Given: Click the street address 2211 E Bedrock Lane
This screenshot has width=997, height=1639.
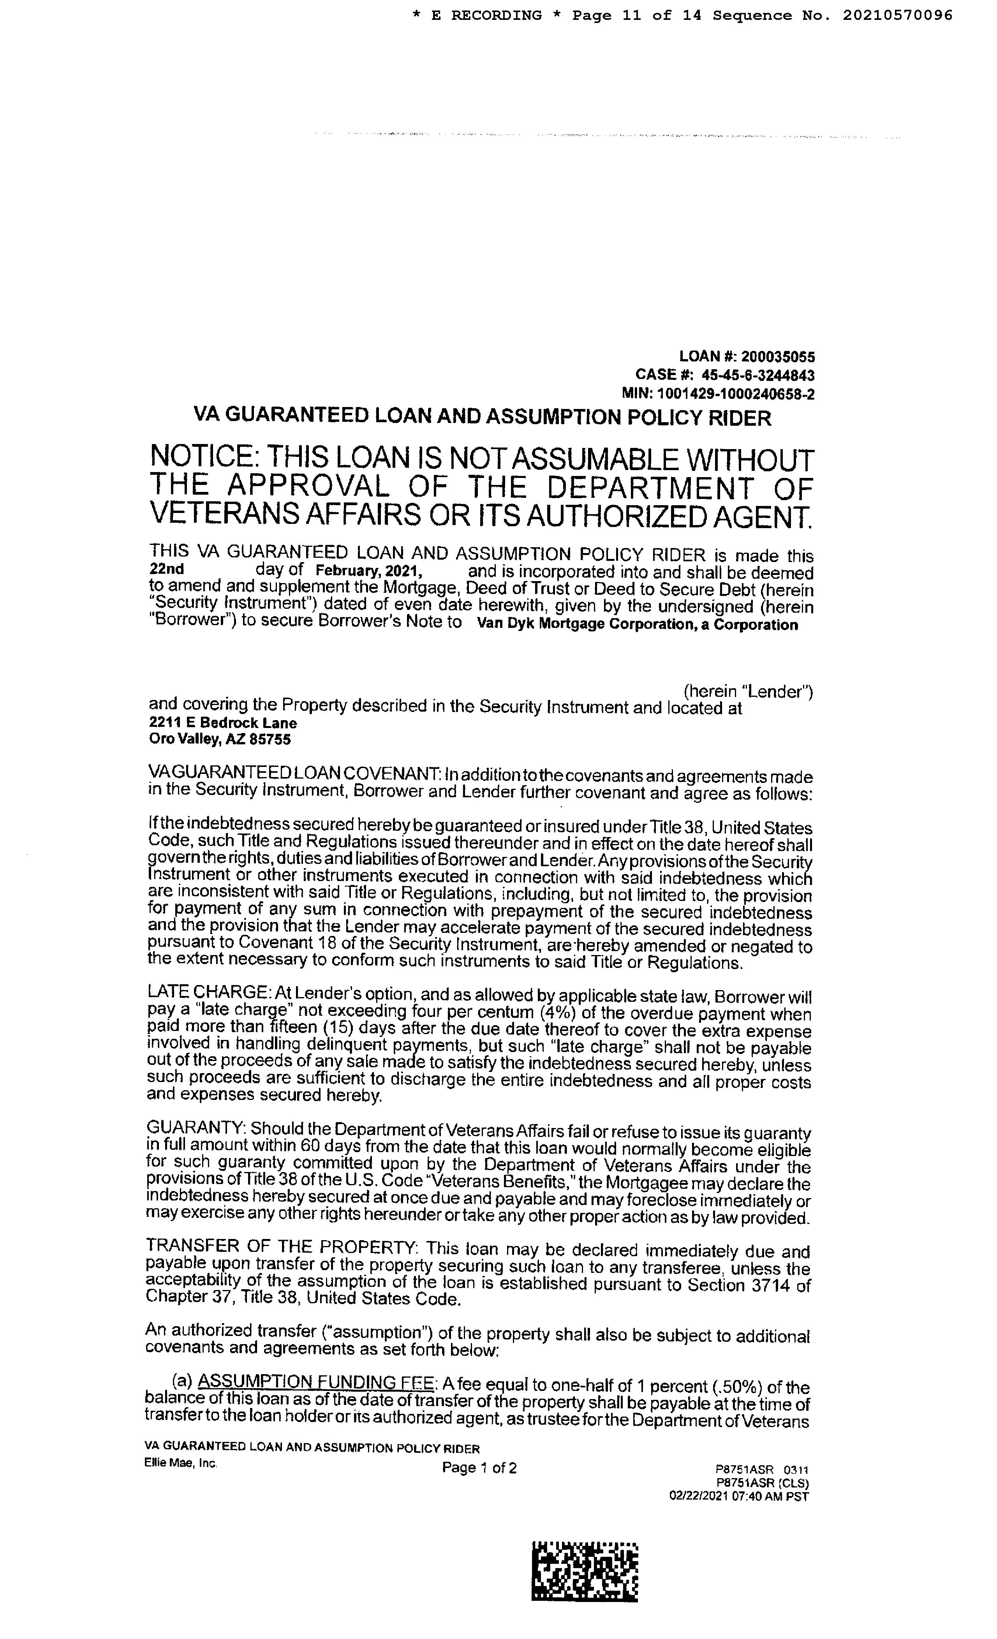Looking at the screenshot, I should (223, 723).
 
